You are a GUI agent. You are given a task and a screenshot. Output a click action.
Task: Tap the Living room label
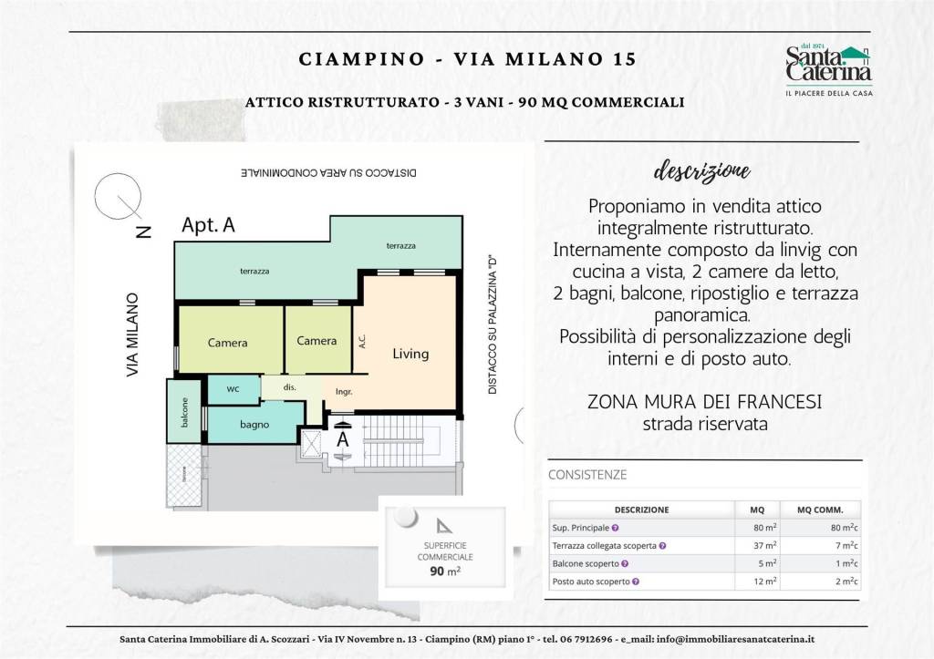point(410,354)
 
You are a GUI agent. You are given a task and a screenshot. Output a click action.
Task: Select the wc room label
point(233,389)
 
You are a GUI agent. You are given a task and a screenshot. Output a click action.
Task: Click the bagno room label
point(254,425)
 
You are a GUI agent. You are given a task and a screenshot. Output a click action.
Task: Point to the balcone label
point(184,413)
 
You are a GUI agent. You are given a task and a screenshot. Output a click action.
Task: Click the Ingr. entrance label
point(344,392)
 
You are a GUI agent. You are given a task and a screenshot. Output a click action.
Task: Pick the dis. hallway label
point(290,387)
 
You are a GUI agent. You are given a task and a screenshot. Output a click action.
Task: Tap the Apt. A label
point(208,225)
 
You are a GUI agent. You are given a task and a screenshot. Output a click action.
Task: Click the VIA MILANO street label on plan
point(133,335)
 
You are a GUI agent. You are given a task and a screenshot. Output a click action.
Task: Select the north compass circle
point(119,197)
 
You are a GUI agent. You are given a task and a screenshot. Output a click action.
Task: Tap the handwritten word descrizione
point(702,171)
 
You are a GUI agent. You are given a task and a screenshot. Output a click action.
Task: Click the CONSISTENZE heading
point(587,475)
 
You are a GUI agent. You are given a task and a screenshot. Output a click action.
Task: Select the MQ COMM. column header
point(820,510)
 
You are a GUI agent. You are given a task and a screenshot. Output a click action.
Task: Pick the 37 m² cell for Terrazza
point(763,545)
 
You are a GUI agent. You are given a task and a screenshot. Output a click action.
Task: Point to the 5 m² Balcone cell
point(763,563)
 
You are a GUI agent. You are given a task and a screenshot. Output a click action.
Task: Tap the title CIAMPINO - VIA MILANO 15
point(467,59)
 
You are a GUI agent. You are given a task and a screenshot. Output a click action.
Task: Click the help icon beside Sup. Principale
point(616,528)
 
